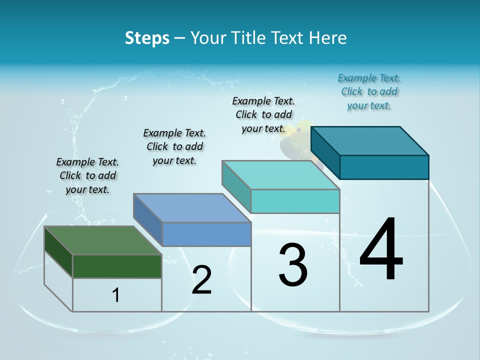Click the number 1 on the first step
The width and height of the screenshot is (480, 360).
click(116, 295)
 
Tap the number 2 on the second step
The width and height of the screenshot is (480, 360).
click(201, 280)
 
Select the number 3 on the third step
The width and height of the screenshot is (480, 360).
click(293, 264)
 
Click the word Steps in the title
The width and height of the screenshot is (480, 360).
click(147, 38)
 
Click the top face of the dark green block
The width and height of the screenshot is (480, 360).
click(102, 240)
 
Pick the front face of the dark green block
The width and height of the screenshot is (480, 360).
click(117, 266)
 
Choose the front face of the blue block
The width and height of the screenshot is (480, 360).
click(206, 234)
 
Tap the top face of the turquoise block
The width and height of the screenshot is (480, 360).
click(280, 175)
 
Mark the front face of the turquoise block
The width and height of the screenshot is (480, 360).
click(295, 201)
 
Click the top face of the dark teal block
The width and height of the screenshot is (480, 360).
click(369, 140)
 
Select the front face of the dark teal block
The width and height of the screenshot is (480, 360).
click(384, 167)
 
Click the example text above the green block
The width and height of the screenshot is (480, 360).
click(87, 175)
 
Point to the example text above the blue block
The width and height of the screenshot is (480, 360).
click(174, 146)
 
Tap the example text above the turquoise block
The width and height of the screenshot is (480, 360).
click(263, 114)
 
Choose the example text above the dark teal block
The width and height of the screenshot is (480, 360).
click(369, 91)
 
